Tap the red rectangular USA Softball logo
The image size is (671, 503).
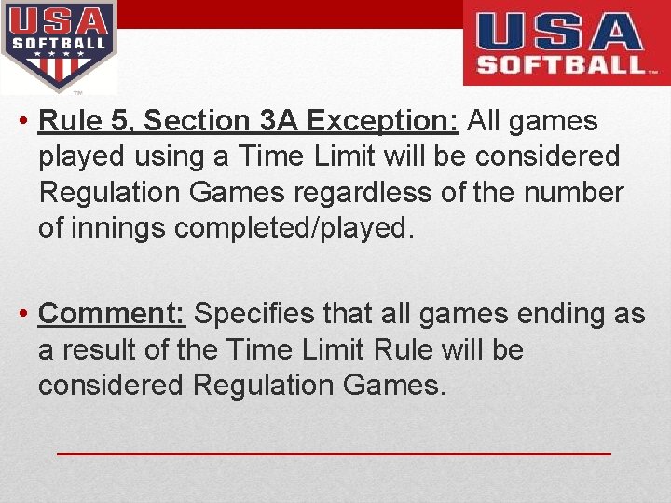(x=566, y=42)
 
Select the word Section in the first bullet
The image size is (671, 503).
(x=198, y=121)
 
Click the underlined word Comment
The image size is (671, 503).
(x=112, y=314)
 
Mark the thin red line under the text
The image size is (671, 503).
(x=334, y=453)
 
